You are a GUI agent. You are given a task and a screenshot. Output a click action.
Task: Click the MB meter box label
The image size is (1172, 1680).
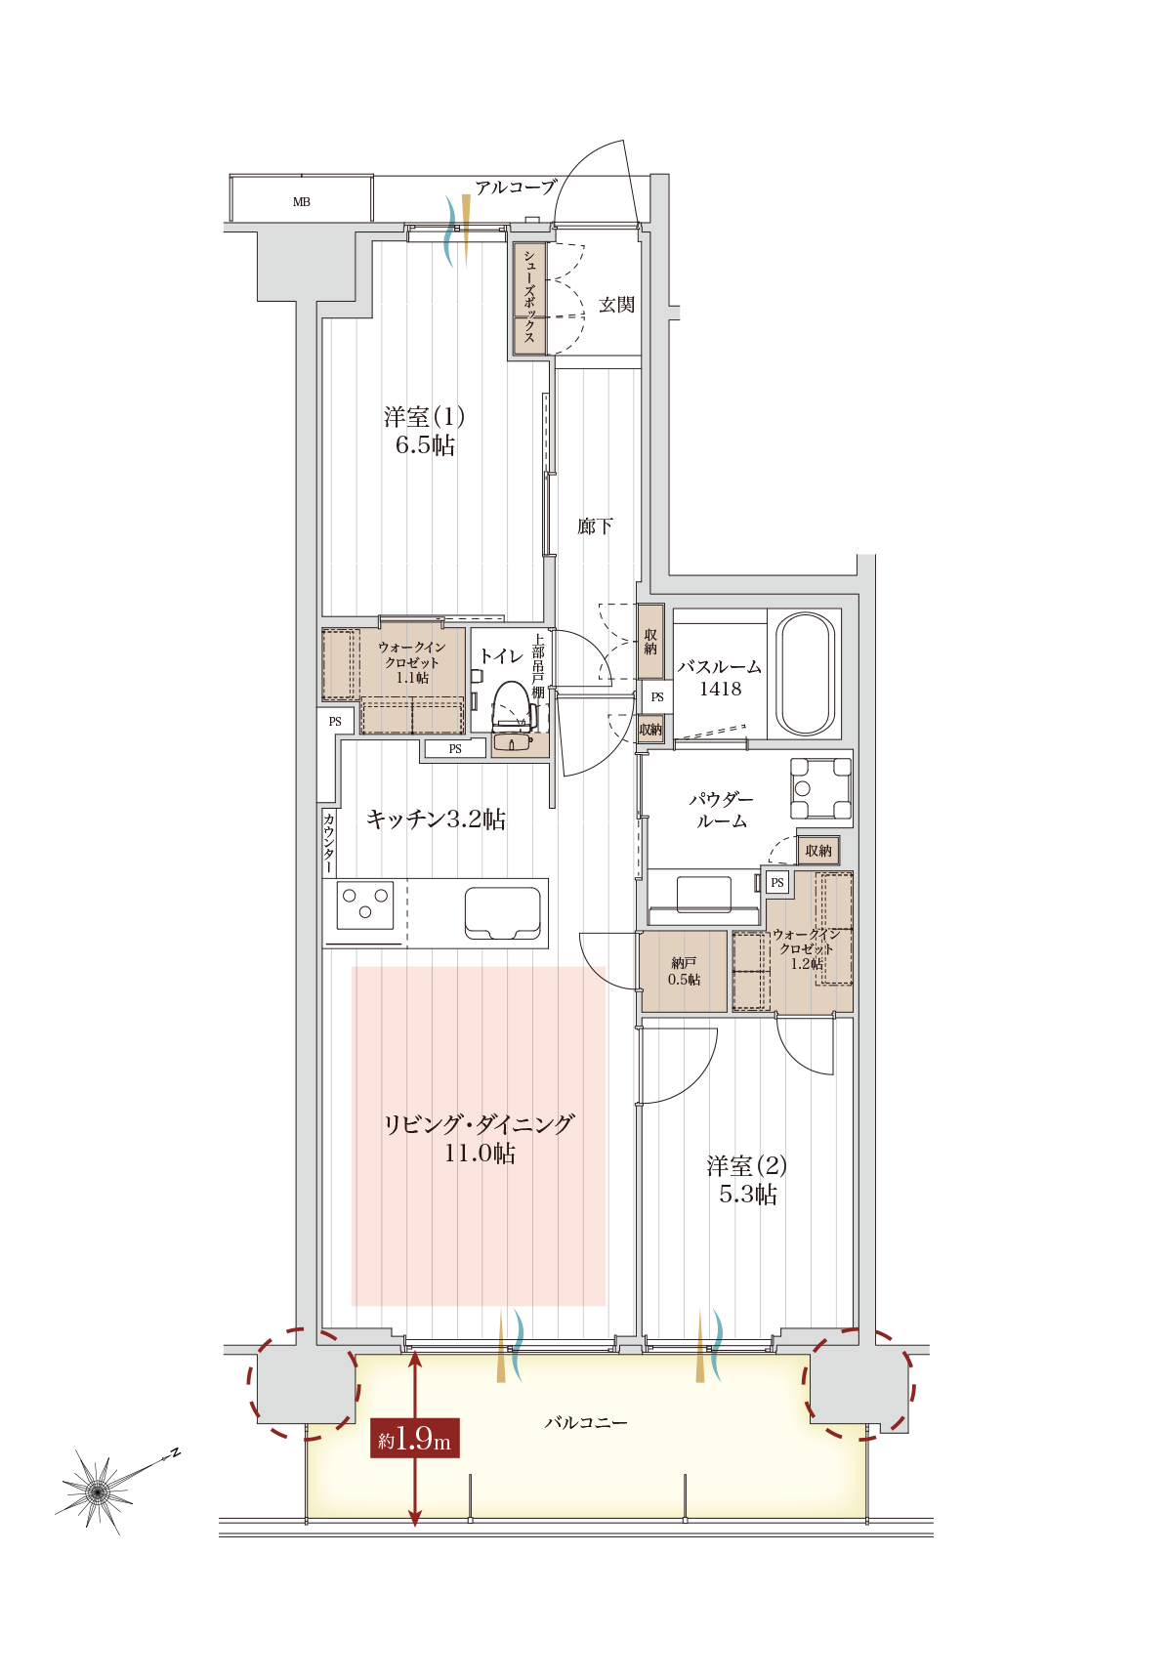click(301, 202)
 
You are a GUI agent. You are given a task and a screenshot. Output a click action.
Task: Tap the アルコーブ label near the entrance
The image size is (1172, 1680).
click(516, 188)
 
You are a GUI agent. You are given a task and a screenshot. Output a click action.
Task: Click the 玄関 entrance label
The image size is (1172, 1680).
click(616, 305)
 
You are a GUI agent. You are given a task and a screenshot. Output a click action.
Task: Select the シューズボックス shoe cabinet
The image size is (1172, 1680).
click(529, 299)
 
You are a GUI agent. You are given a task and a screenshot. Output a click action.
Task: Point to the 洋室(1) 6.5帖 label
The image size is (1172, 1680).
click(424, 431)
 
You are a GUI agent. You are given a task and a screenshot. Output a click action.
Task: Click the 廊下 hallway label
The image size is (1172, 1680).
click(595, 526)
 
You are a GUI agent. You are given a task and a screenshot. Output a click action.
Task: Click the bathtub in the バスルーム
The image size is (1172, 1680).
click(805, 674)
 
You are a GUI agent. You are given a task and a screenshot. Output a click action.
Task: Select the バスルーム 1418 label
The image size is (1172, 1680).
click(720, 678)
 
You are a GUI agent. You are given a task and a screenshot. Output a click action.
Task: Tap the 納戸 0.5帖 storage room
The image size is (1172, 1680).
click(684, 972)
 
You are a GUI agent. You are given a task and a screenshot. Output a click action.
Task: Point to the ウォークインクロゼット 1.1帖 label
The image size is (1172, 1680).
click(411, 662)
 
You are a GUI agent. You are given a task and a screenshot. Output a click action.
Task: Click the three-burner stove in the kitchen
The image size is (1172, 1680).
click(365, 904)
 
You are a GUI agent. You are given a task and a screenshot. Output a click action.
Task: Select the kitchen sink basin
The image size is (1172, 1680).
click(502, 912)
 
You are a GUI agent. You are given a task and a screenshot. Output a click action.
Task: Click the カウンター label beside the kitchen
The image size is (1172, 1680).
click(329, 843)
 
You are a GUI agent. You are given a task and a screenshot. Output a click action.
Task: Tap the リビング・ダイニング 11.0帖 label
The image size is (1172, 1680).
click(479, 1138)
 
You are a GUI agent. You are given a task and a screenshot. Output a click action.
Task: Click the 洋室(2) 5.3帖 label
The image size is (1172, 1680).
click(747, 1180)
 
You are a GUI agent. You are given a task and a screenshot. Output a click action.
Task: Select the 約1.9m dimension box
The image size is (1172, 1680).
click(414, 1439)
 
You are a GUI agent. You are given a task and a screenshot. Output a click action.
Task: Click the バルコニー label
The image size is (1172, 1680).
click(585, 1423)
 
